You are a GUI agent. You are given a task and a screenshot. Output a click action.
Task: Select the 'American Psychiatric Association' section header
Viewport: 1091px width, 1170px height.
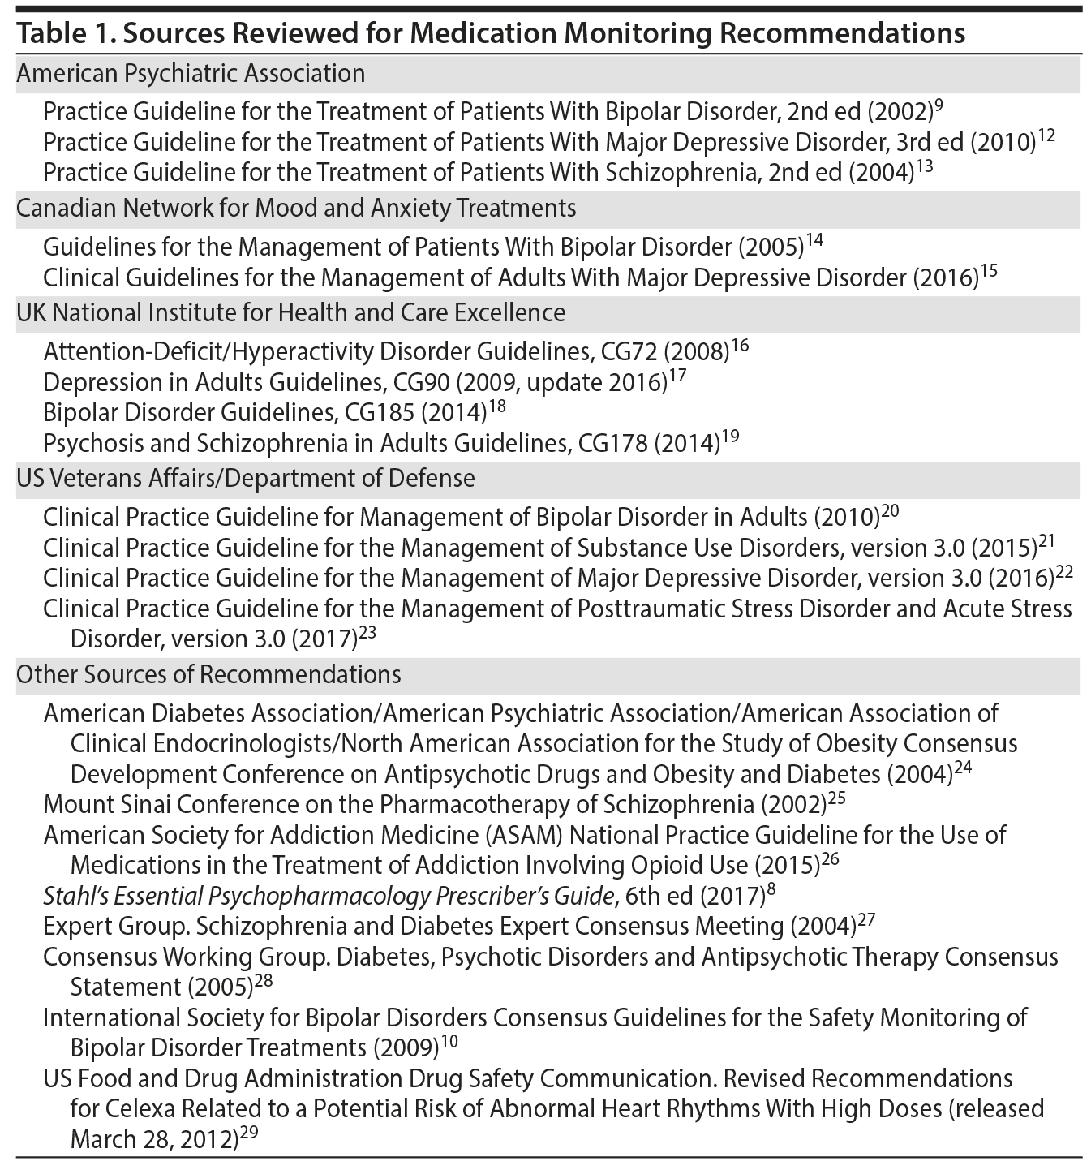click(x=191, y=74)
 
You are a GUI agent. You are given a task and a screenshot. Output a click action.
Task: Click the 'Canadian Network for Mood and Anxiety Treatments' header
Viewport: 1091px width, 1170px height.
click(x=296, y=209)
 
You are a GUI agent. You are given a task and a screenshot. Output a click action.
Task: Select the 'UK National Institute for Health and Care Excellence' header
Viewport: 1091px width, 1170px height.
click(x=290, y=312)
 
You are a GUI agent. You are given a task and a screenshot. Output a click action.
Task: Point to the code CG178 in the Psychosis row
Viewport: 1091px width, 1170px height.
click(x=612, y=443)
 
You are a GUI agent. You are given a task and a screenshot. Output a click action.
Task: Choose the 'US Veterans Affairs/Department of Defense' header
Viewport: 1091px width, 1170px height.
click(x=245, y=479)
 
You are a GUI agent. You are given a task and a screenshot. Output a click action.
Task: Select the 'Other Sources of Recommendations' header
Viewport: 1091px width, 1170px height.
click(x=208, y=675)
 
